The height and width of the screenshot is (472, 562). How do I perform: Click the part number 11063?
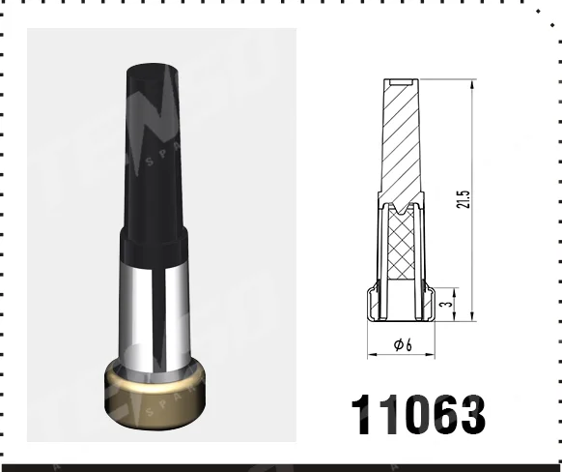coord(417,414)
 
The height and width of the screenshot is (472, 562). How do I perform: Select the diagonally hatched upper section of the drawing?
coord(400,145)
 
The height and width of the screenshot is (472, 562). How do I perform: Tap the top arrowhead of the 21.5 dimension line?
coord(472,83)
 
